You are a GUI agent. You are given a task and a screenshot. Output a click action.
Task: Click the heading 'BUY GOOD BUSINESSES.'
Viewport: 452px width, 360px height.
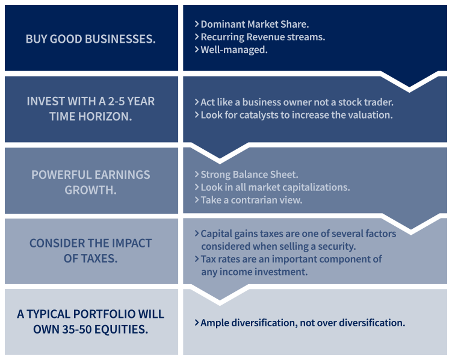tap(90, 39)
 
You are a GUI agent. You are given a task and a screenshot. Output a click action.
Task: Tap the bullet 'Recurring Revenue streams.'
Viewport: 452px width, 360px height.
tap(260, 37)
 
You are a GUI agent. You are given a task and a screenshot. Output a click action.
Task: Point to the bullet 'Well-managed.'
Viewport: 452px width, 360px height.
tap(231, 49)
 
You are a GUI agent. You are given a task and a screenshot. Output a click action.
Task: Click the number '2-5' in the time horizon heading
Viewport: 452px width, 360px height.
tap(116, 101)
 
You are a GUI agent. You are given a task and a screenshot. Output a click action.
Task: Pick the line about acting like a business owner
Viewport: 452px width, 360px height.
tap(294, 102)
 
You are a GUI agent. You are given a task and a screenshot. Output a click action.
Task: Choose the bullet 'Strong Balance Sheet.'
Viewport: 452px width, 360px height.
tap(247, 175)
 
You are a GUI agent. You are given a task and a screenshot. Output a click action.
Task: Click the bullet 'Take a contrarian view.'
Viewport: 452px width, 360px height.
tap(249, 200)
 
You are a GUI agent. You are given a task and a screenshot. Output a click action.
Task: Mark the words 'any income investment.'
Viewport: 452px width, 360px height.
tap(255, 272)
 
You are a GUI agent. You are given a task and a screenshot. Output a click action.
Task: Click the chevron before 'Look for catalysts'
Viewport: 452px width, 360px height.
tap(197, 115)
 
